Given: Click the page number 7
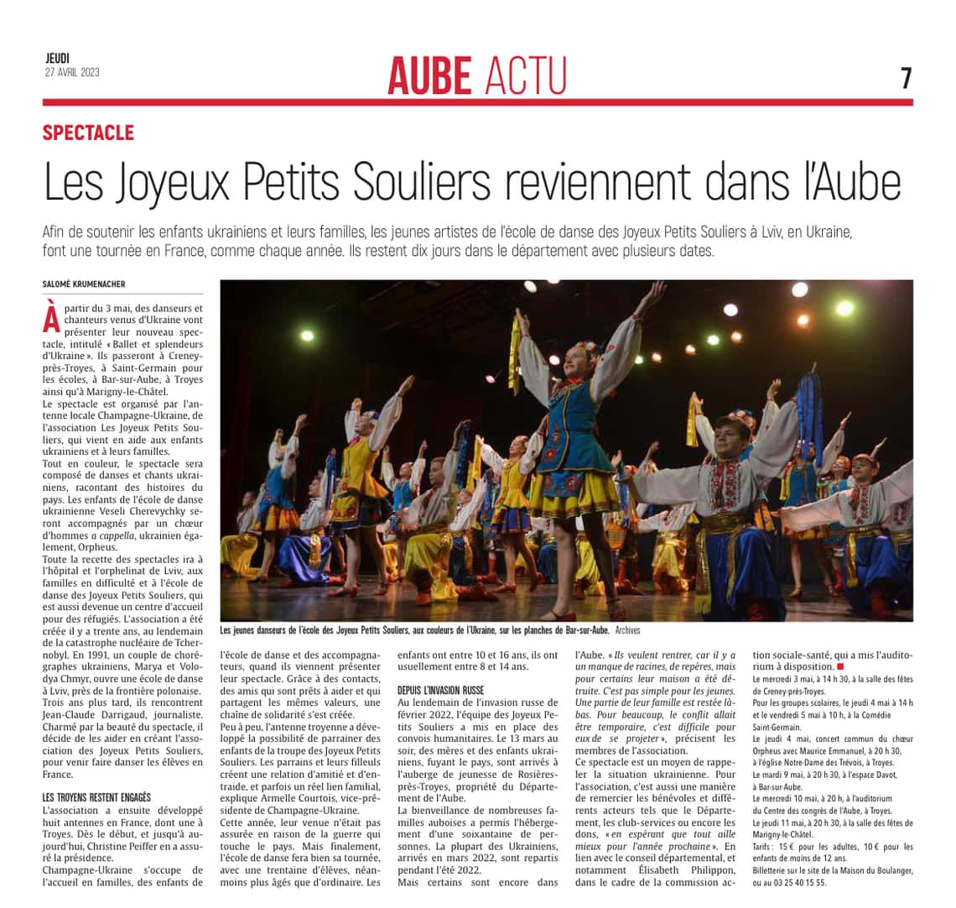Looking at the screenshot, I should [906, 78].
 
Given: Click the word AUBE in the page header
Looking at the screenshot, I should [429, 76].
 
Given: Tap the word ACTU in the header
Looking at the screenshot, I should [526, 76].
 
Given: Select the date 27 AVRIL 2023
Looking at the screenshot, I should [72, 72].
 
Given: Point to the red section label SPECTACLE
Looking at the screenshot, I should [88, 132].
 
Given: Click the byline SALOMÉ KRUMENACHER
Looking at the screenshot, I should [84, 284].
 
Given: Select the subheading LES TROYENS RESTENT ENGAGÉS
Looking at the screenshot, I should [96, 796].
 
